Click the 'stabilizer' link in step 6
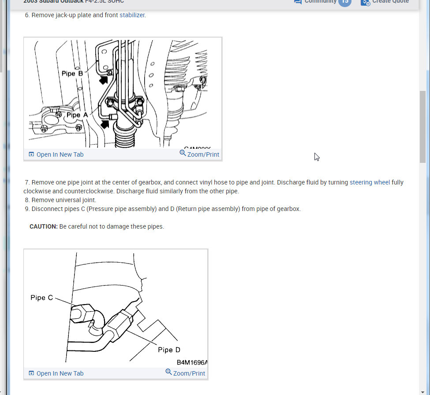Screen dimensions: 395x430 (132, 15)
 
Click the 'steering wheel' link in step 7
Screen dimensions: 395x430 (370, 182)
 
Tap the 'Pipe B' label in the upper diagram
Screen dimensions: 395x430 (72, 73)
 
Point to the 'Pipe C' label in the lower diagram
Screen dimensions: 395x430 (41, 297)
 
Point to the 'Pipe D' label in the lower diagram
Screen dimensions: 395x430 (169, 350)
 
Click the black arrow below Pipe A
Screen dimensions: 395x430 (105, 124)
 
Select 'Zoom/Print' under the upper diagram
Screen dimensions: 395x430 (203, 154)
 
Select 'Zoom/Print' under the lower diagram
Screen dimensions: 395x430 (189, 373)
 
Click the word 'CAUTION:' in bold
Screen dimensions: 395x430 (44, 226)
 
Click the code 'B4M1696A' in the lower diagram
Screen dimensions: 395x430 (192, 362)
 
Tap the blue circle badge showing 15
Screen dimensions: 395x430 (345, 2)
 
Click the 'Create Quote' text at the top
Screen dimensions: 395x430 (390, 2)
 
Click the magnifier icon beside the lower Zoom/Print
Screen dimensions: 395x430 (168, 372)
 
